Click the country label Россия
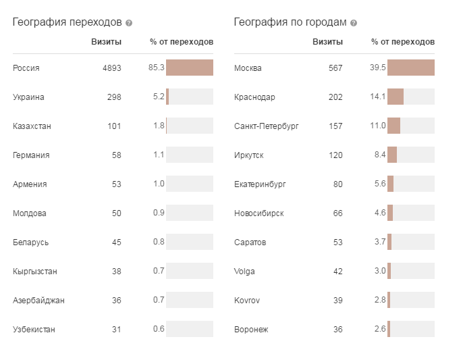(x=26, y=68)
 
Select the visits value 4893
(x=111, y=68)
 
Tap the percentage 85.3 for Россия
(x=157, y=68)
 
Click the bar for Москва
(x=410, y=68)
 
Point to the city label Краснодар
(x=254, y=97)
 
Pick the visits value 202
(x=335, y=97)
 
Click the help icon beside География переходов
(x=129, y=23)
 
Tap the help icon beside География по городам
(x=354, y=23)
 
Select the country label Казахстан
(x=32, y=126)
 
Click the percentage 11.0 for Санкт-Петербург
(x=378, y=126)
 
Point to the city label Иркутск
(x=249, y=155)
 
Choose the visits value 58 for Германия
(x=116, y=155)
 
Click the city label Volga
(x=244, y=272)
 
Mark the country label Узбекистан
(x=34, y=330)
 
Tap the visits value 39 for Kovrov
(x=337, y=301)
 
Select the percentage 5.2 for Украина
(x=159, y=97)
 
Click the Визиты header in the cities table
(x=327, y=42)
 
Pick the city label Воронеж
(x=251, y=330)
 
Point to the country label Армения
(x=30, y=184)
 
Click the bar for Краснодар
(x=396, y=97)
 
